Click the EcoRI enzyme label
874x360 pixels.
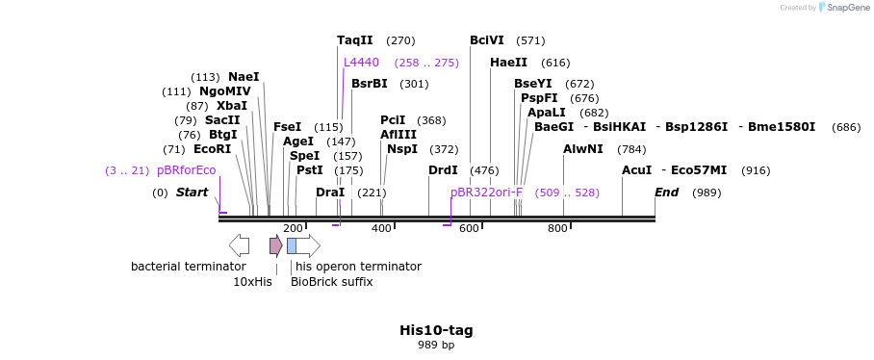point(212,149)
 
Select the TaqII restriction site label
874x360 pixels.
point(354,40)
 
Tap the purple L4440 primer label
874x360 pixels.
point(361,63)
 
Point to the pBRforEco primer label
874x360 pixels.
point(186,170)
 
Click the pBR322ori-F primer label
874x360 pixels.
point(486,193)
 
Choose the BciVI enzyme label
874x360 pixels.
point(486,40)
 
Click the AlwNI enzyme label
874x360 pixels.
point(582,149)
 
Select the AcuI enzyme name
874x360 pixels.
point(636,170)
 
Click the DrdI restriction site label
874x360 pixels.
point(443,170)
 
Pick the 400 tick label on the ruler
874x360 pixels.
point(381,228)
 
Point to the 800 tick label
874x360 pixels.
point(557,228)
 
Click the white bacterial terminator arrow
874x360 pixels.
point(239,245)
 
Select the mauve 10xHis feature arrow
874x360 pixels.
point(275,245)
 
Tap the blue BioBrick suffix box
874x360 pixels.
point(292,245)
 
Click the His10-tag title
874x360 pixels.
point(436,330)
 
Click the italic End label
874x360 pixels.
point(666,193)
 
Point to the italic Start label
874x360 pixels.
point(192,193)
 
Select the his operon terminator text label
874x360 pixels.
point(358,267)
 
